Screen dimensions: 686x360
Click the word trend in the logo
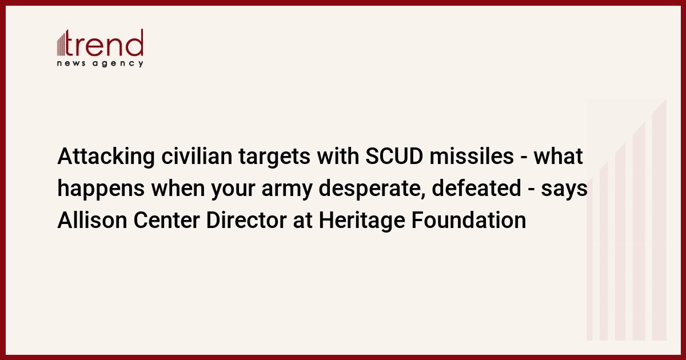[x=105, y=42]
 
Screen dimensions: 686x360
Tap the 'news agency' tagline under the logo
[x=100, y=63]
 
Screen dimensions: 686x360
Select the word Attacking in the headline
[x=106, y=157]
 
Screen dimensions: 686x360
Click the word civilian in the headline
[x=197, y=156]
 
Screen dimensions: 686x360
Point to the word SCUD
[x=394, y=156]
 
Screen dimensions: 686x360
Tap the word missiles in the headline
[x=472, y=156]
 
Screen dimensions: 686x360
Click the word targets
[x=274, y=157]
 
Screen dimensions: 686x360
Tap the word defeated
[x=477, y=188]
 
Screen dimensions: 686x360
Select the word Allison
[x=92, y=220]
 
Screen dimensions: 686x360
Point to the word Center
[x=166, y=220]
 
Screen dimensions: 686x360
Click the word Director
[x=246, y=220]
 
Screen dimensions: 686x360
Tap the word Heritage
[x=362, y=221]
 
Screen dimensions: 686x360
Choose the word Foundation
[x=469, y=220]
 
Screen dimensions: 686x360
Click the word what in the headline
[x=559, y=156]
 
